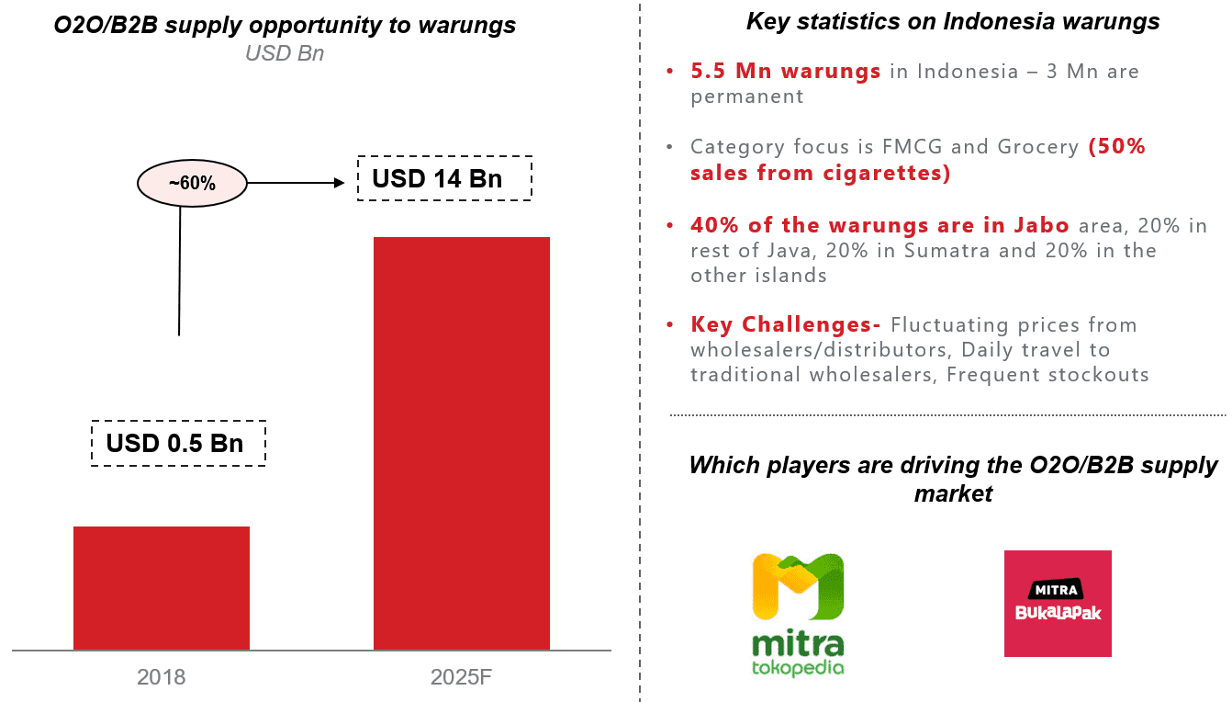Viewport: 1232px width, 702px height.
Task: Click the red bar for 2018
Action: pyautogui.click(x=162, y=588)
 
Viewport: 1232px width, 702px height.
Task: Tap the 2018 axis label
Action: pyautogui.click(x=162, y=678)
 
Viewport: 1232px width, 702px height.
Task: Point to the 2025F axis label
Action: pyautogui.click(x=461, y=678)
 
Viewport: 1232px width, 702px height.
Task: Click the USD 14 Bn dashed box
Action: pyautogui.click(x=444, y=177)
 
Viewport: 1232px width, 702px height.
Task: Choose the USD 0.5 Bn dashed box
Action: pyautogui.click(x=178, y=443)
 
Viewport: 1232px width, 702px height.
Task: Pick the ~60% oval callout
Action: pyautogui.click(x=192, y=184)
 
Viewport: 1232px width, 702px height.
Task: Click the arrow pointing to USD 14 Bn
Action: pyautogui.click(x=303, y=184)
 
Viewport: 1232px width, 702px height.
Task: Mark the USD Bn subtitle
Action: pyautogui.click(x=284, y=53)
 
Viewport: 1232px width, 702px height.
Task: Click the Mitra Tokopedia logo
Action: pyautogui.click(x=798, y=614)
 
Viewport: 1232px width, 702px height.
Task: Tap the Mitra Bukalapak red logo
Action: pyautogui.click(x=1058, y=604)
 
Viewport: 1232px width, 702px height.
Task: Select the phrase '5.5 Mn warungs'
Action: pyautogui.click(x=786, y=72)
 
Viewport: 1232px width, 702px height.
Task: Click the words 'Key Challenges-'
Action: pyautogui.click(x=786, y=325)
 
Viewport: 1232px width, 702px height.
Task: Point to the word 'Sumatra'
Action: pyautogui.click(x=946, y=251)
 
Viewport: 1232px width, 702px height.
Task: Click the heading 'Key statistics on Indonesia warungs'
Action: pyautogui.click(x=953, y=21)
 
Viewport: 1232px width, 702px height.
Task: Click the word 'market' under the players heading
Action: pyautogui.click(x=953, y=493)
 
